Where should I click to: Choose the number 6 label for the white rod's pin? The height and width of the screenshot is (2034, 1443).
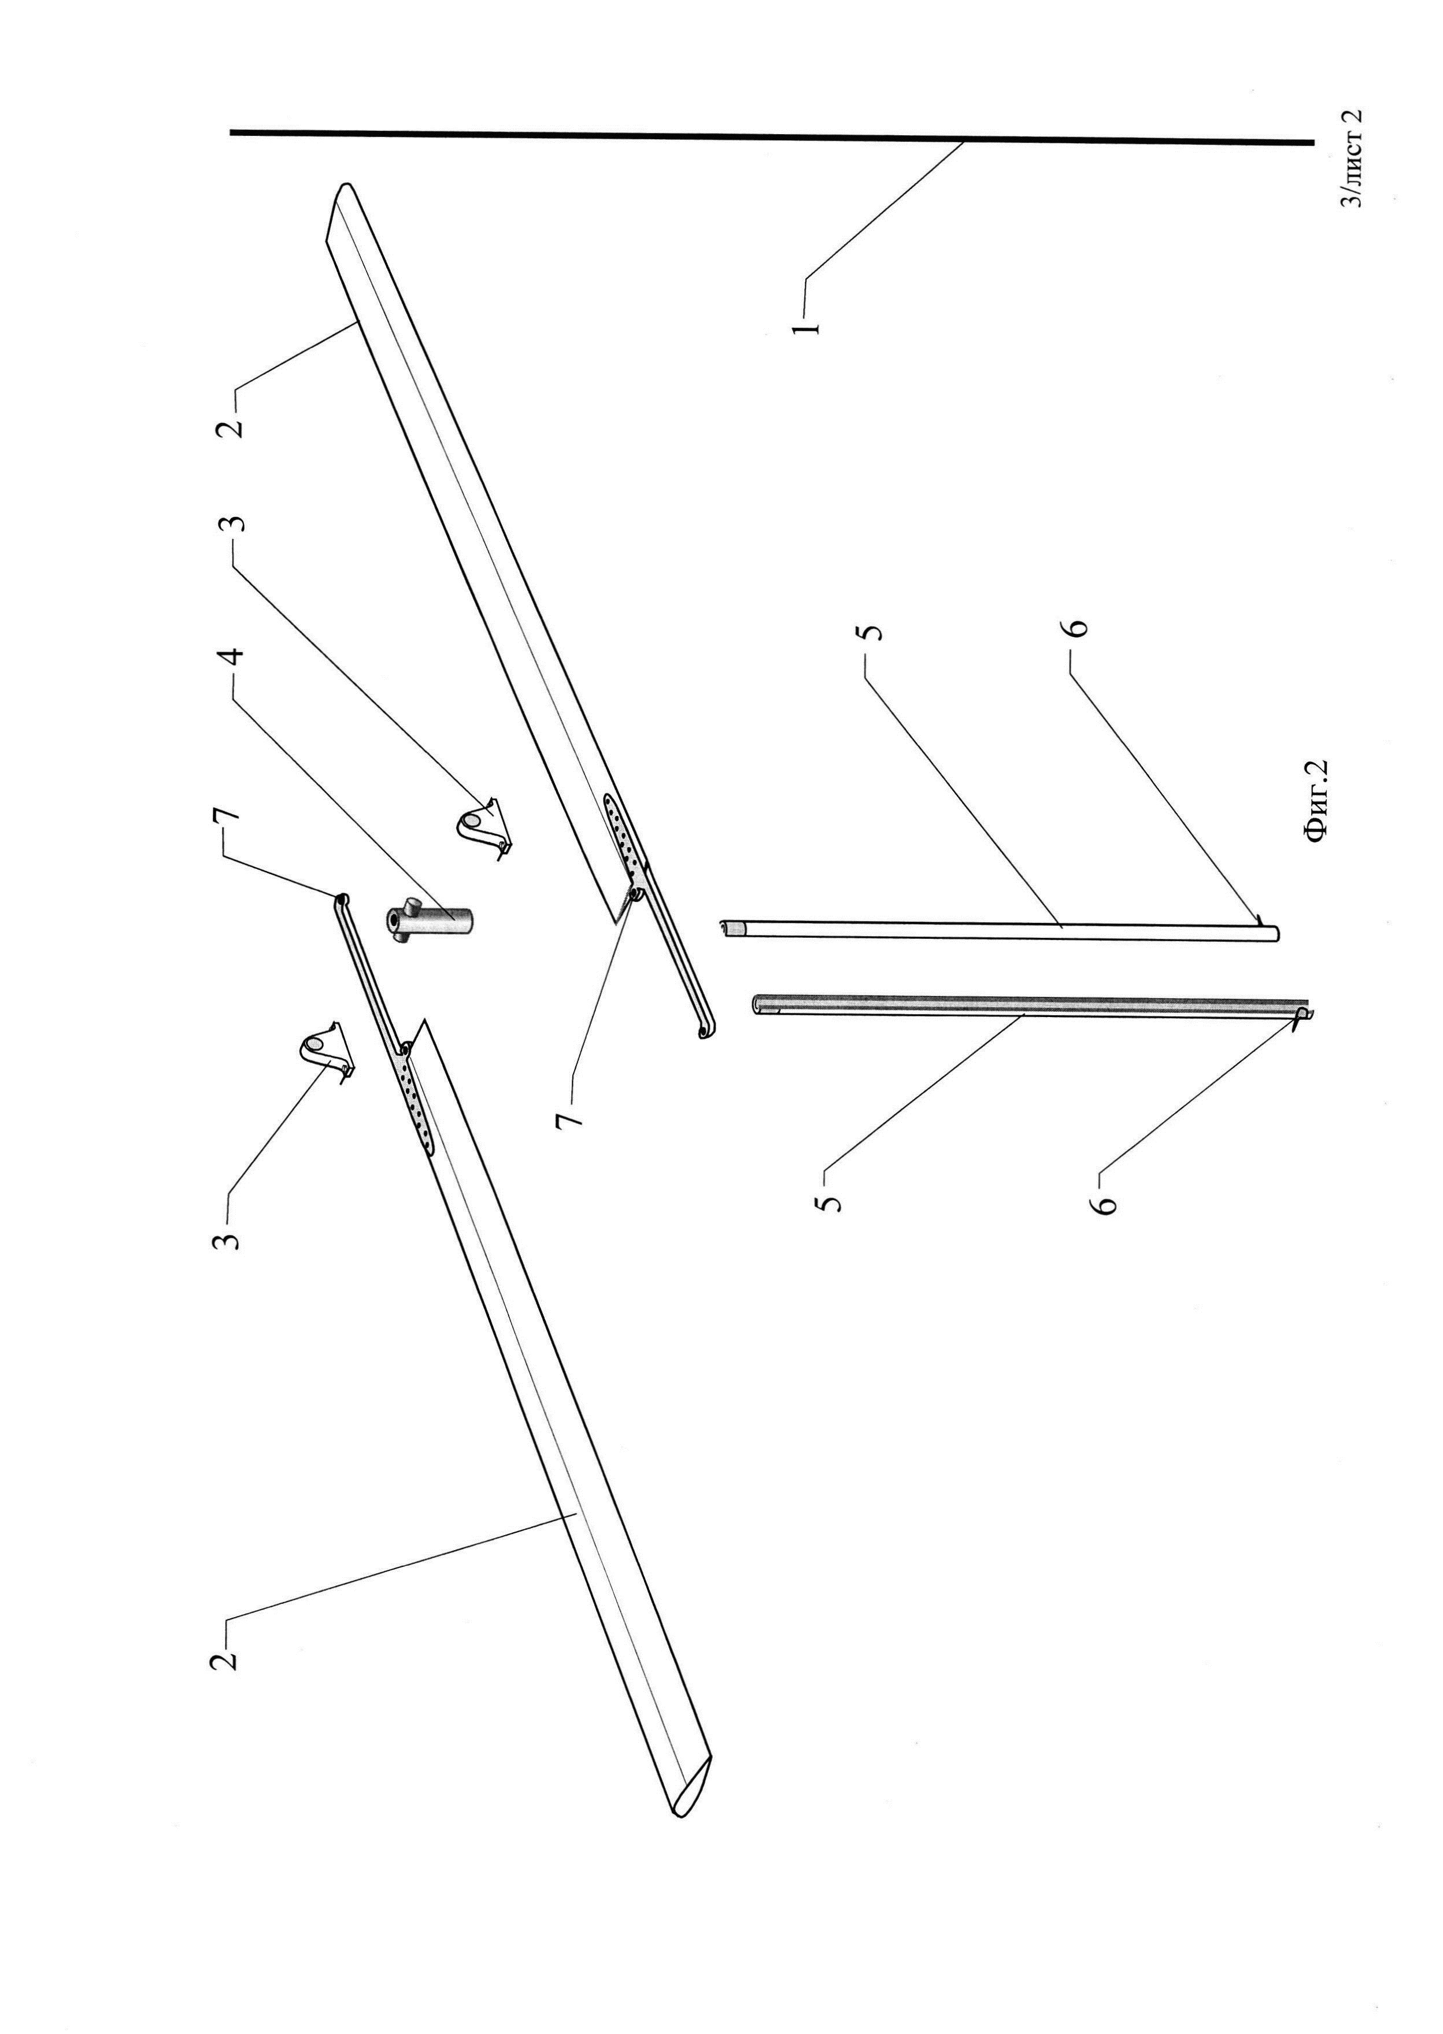(x=1076, y=628)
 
